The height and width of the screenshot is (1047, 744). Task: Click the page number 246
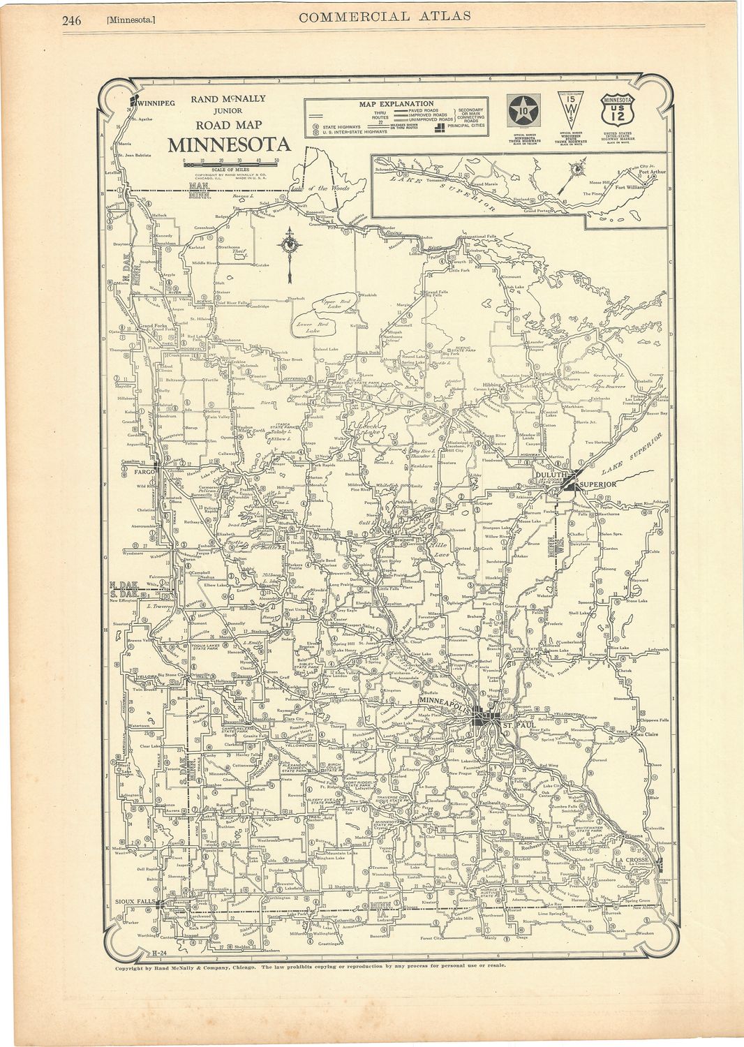[71, 20]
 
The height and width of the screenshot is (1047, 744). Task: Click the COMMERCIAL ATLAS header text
[385, 16]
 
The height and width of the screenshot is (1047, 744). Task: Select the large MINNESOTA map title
[229, 145]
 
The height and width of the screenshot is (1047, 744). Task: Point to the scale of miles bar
[230, 164]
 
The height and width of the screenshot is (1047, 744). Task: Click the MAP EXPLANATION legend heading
[396, 104]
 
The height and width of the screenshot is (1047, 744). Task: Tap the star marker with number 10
[523, 111]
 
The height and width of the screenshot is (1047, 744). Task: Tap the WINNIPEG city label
[156, 103]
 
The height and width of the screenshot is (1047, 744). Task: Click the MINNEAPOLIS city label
[447, 700]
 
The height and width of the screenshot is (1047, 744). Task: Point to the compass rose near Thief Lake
[289, 246]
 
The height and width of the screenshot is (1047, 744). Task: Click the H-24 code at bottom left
[159, 952]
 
